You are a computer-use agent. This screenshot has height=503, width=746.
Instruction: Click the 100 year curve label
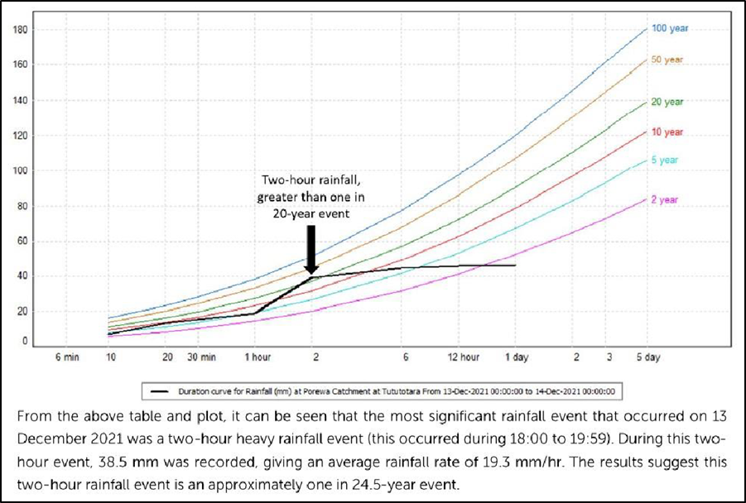pos(669,28)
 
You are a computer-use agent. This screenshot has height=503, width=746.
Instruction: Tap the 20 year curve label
pos(667,102)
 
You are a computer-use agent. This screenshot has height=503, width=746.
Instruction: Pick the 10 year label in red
pos(667,132)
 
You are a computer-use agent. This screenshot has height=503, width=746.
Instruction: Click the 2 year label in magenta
pos(664,200)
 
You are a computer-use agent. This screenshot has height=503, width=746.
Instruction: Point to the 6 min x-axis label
pos(63,357)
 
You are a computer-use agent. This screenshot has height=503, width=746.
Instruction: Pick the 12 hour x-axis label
pos(464,357)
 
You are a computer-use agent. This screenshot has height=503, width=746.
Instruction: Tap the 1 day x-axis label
pos(516,357)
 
